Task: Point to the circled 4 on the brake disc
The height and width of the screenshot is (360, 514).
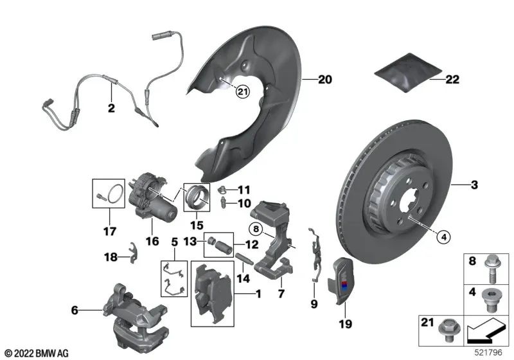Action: coord(444,237)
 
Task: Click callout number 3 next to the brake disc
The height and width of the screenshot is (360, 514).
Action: coord(474,186)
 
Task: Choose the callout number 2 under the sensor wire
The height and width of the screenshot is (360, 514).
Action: coord(111,109)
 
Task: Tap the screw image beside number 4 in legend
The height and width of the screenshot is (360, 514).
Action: coord(494,300)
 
